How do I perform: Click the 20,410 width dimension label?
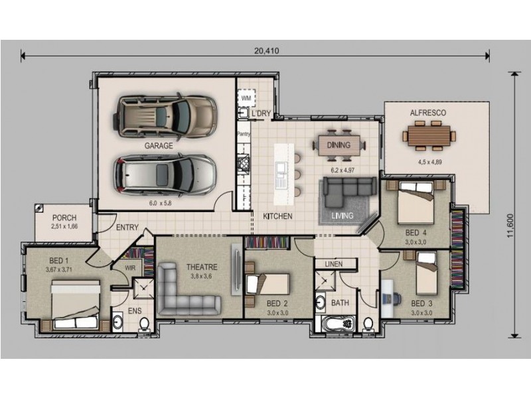tap(267, 51)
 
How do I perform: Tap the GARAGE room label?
tap(159, 146)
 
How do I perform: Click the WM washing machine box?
tap(246, 98)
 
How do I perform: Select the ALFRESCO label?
tap(428, 113)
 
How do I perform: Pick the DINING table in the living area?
tap(339, 145)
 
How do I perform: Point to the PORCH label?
tap(64, 218)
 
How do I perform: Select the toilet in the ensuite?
tap(143, 324)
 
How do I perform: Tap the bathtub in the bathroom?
tap(337, 324)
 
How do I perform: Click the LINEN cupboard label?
tap(334, 263)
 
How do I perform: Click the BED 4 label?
tap(416, 233)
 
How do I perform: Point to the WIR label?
tap(130, 268)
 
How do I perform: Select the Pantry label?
tap(244, 134)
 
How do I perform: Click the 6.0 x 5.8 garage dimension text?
tap(161, 204)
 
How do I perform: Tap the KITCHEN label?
tap(277, 216)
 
